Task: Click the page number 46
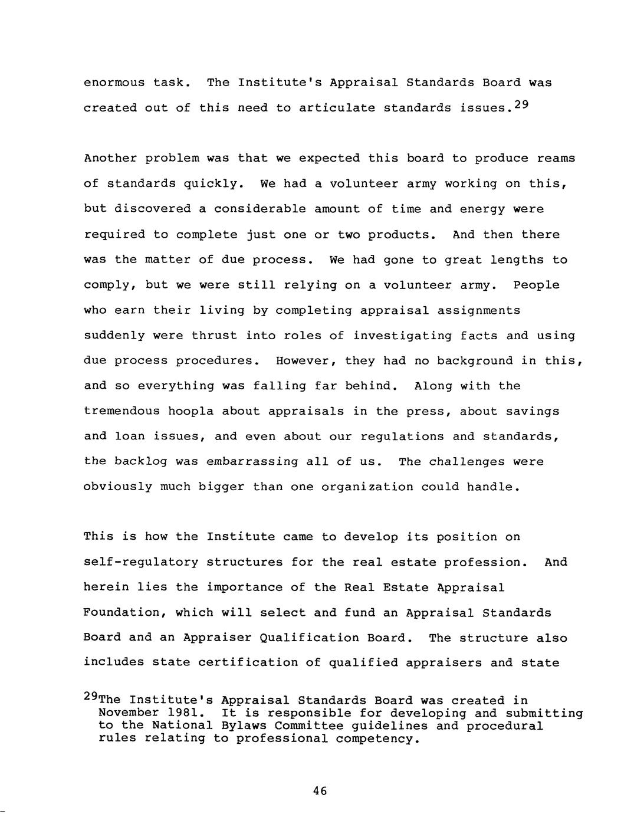pyautogui.click(x=320, y=791)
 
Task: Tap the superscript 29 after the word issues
pyautogui.click(x=521, y=105)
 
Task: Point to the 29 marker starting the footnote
pyautogui.click(x=91, y=697)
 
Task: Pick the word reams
pyautogui.click(x=556, y=159)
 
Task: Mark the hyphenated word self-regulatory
pyautogui.click(x=141, y=563)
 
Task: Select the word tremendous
pyautogui.click(x=121, y=412)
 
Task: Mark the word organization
pyautogui.click(x=367, y=487)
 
